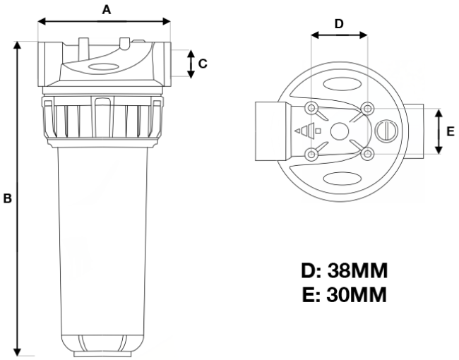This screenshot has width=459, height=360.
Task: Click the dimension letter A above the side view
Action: tap(107, 9)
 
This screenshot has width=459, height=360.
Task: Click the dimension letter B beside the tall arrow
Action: tap(8, 199)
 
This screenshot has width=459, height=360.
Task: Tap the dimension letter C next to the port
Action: tap(203, 64)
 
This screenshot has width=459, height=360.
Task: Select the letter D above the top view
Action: tap(339, 23)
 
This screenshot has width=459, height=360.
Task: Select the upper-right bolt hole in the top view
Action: tap(366, 107)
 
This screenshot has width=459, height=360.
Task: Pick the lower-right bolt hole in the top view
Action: tap(366, 153)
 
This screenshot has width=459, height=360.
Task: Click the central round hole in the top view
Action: tap(339, 131)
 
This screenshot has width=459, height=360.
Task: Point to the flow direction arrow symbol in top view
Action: tap(304, 131)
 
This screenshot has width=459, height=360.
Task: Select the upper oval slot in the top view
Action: tap(340, 85)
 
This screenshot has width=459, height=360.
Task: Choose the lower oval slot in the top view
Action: tap(340, 179)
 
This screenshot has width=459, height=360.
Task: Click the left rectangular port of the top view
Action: tap(272, 131)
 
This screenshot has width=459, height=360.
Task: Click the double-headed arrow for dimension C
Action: tap(190, 64)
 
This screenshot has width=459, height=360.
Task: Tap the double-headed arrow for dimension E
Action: tap(439, 131)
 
